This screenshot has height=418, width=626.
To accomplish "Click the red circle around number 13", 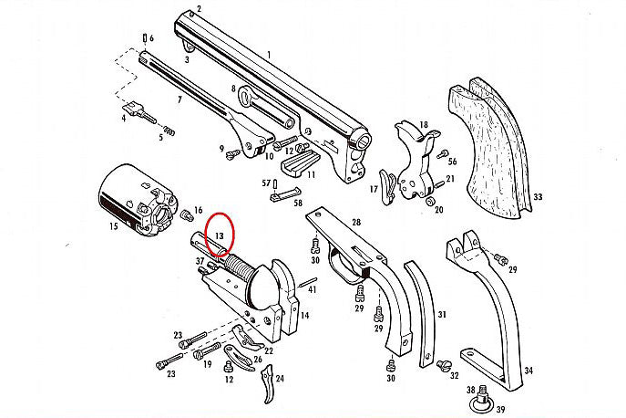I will click(220, 233).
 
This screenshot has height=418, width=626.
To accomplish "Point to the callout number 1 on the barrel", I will click(268, 56).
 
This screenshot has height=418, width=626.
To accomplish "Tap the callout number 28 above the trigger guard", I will click(355, 223).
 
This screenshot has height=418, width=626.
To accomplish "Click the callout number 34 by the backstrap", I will click(528, 371).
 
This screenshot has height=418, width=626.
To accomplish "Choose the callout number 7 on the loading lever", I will click(179, 98).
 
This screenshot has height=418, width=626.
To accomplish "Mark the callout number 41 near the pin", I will click(312, 289).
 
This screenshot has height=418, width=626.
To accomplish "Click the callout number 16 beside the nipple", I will click(198, 211).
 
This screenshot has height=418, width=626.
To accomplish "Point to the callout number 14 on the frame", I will click(305, 315).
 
